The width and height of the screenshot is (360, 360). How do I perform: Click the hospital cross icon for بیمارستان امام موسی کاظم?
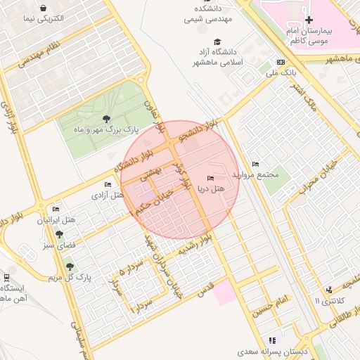309,19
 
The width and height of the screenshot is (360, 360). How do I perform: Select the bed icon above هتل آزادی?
108,185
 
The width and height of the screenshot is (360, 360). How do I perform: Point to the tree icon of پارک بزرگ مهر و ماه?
106,119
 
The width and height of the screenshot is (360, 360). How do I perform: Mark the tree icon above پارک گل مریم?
69,266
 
